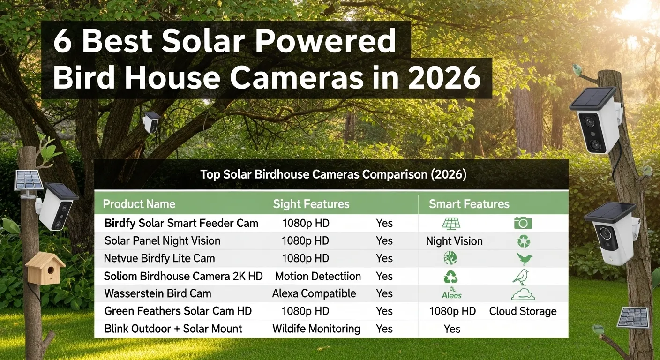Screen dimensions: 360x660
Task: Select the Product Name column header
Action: pyautogui.click(x=139, y=204)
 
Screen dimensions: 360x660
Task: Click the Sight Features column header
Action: pyautogui.click(x=311, y=204)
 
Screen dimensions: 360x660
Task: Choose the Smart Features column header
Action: pyautogui.click(x=469, y=204)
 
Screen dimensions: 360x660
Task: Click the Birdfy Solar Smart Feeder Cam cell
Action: pyautogui.click(x=181, y=223)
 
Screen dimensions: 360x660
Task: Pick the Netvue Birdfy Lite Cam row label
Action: pyautogui.click(x=159, y=258)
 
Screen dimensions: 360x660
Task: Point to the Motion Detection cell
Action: pyautogui.click(x=318, y=276)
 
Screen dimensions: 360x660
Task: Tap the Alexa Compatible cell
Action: pyautogui.click(x=314, y=294)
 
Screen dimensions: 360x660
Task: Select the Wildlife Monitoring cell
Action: pyautogui.click(x=316, y=329)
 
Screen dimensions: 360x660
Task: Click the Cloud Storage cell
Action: pyautogui.click(x=523, y=311)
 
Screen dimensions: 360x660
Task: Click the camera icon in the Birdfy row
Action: pyautogui.click(x=523, y=223)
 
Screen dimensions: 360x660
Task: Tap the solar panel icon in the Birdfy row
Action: pyautogui.click(x=451, y=223)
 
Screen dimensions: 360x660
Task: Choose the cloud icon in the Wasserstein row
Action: pyautogui.click(x=523, y=294)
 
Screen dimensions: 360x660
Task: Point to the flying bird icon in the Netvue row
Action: pyautogui.click(x=525, y=259)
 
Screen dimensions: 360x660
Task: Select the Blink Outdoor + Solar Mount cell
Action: pyautogui.click(x=173, y=329)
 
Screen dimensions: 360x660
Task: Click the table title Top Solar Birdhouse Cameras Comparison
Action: pyautogui.click(x=333, y=175)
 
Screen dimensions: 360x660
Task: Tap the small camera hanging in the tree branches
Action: pyautogui.click(x=151, y=121)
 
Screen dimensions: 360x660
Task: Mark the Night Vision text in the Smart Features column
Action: pyautogui.click(x=454, y=241)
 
